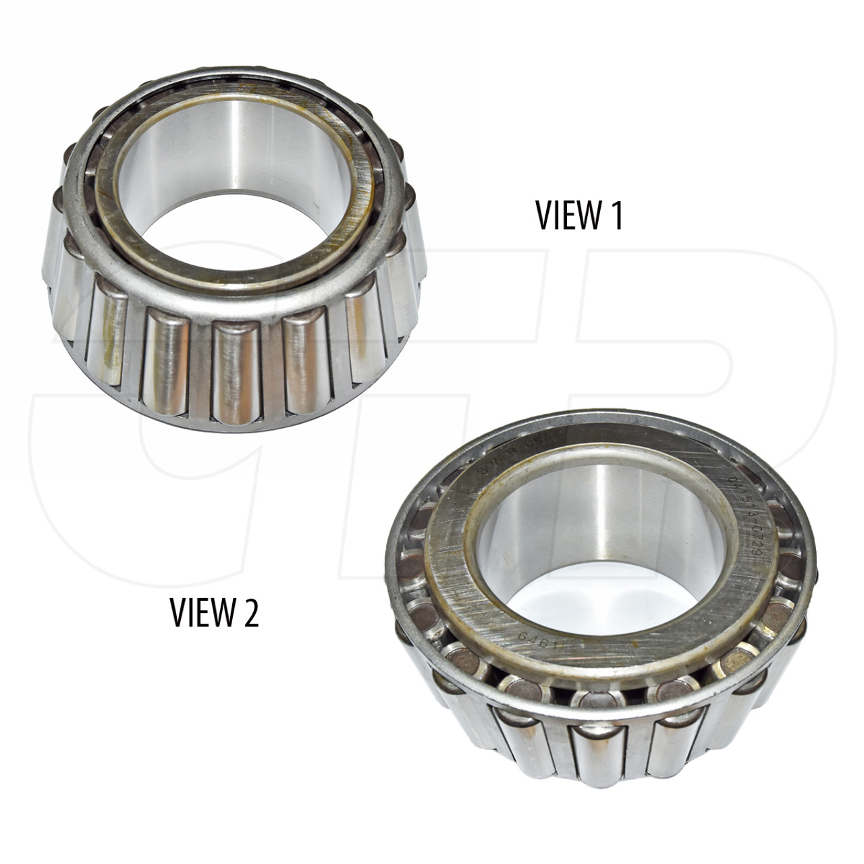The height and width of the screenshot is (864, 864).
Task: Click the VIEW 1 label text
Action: (579, 215)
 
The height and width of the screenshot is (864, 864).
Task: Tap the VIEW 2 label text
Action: (214, 613)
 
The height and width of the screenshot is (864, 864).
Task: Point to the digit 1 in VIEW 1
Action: (616, 215)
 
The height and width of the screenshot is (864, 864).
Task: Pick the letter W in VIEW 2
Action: (224, 613)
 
